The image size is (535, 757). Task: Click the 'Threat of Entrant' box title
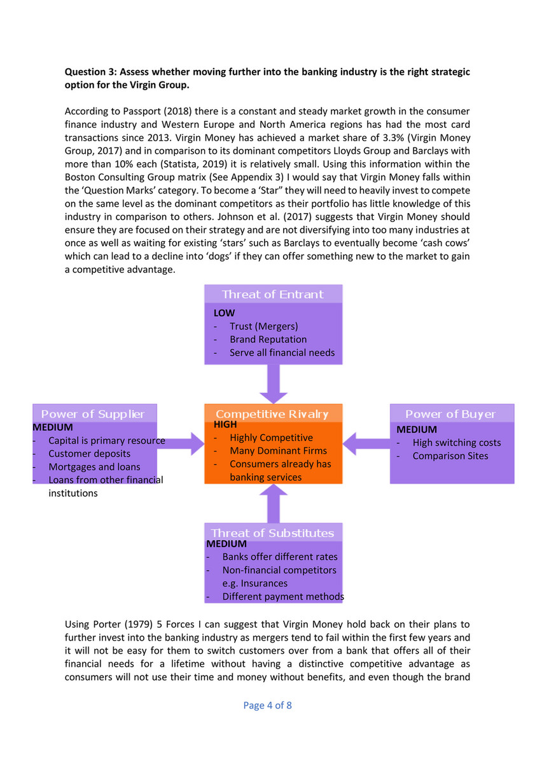272,294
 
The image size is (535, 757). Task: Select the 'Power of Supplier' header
93,414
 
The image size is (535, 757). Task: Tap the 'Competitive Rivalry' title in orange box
272,414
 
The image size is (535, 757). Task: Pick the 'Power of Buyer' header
450,414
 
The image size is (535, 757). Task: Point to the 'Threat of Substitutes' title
272,533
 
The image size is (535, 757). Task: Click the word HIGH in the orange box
225,424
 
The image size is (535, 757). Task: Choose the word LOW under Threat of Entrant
224,313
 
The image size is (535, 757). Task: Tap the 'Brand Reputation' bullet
268,340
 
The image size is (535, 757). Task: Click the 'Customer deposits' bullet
89,454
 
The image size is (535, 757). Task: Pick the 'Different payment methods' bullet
282,597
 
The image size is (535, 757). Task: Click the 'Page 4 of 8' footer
268,705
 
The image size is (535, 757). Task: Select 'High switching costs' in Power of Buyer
456,443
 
